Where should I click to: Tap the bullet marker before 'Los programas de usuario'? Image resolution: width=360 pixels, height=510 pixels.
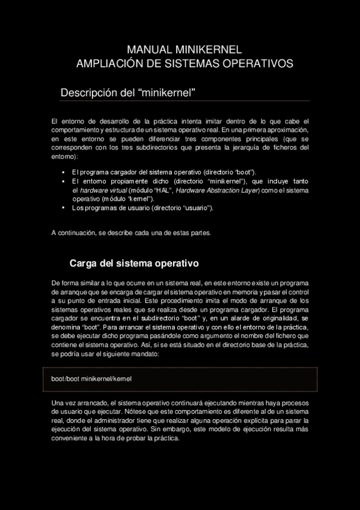tap(63, 207)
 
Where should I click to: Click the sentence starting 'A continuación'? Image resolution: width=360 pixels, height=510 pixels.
tap(131, 233)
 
